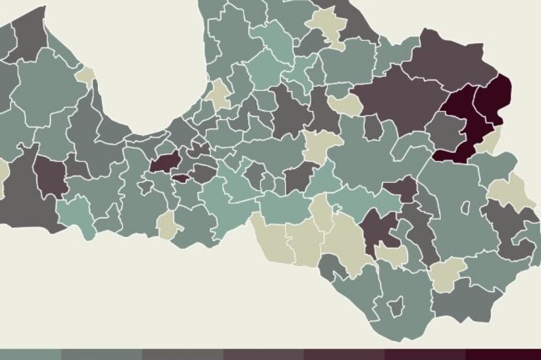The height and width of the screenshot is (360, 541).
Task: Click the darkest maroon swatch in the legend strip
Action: pos(503,355)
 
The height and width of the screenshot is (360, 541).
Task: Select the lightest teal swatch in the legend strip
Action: pos(30,355)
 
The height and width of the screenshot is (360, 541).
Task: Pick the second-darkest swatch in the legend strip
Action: pos(425,355)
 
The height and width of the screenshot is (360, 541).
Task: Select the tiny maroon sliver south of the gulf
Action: pos(180,178)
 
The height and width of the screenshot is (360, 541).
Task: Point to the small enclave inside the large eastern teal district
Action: pos(465,207)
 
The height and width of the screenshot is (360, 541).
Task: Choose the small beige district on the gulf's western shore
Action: pos(85,76)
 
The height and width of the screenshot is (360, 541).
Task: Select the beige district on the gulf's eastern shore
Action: pos(219,94)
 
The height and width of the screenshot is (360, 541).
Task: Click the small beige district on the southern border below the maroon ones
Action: pos(168,225)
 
